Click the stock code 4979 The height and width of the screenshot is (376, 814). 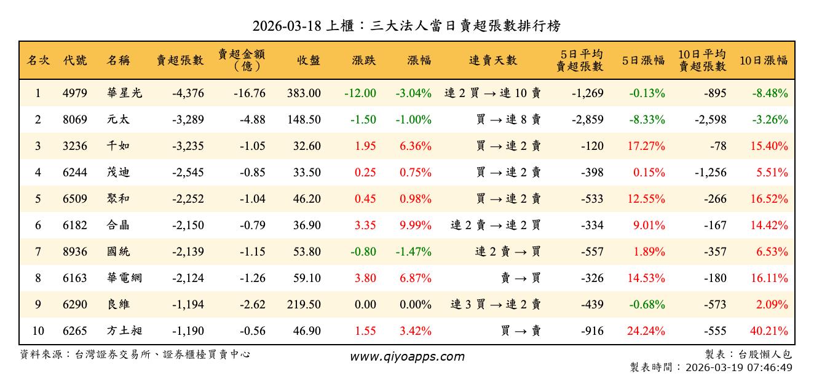75,93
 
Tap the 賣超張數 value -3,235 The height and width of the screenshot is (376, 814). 183,146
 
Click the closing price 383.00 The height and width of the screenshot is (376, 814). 303,93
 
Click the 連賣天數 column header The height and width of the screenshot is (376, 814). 493,60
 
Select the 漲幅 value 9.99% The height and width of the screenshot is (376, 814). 416,225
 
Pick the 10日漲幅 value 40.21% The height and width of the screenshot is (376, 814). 769,331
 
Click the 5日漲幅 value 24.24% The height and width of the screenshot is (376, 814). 646,331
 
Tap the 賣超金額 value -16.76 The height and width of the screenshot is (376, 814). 249,93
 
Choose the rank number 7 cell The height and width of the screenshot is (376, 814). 38,252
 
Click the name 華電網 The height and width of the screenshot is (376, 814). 124,278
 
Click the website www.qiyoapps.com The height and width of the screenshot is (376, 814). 407,356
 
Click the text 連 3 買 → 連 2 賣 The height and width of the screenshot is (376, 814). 496,305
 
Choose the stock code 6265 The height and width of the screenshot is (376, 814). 75,331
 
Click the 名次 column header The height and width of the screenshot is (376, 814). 38,60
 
